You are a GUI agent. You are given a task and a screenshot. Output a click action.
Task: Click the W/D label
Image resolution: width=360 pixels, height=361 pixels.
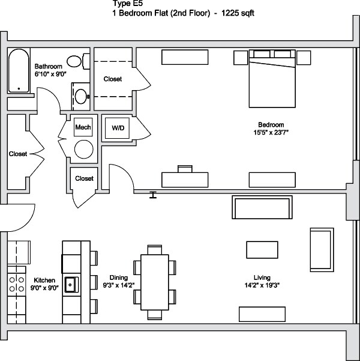tap(118, 128)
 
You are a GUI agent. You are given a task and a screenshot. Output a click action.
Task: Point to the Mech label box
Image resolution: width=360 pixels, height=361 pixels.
tap(82, 128)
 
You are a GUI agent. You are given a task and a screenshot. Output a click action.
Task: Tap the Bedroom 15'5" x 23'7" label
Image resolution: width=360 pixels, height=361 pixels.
tap(272, 129)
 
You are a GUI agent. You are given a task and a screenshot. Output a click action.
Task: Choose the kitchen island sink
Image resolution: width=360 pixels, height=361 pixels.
tap(71, 282)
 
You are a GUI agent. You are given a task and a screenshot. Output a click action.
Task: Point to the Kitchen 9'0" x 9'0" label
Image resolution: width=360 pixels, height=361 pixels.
tap(44, 284)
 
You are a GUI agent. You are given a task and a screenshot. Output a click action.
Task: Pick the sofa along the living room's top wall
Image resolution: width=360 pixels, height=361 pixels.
tap(262, 208)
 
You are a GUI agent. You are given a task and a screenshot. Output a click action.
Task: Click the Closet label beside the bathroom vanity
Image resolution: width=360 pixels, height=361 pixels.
tap(112, 79)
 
